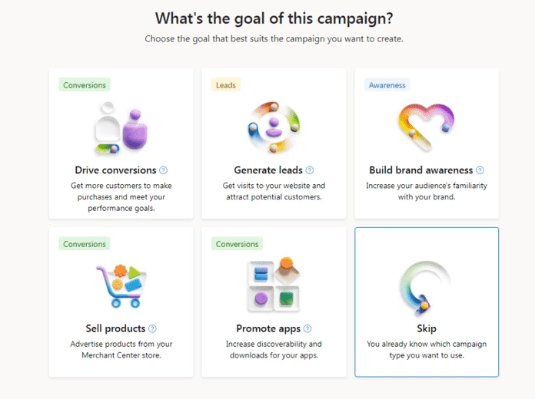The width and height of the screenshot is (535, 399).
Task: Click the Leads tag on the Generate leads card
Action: (x=226, y=85)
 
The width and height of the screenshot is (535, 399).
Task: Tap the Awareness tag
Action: (x=387, y=85)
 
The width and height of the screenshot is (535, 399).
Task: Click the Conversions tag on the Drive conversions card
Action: (x=85, y=85)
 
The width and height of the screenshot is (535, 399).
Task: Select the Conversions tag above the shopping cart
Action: (x=85, y=244)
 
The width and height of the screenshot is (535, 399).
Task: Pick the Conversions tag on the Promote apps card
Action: (x=237, y=244)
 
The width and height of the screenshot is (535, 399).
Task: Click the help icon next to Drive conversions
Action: (x=164, y=170)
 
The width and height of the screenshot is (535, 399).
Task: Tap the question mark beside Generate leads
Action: (x=310, y=170)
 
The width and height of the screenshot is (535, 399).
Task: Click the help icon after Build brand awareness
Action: (x=480, y=170)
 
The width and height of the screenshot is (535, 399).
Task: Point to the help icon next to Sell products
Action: (x=152, y=328)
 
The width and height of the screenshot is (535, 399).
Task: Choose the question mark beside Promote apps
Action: (x=307, y=328)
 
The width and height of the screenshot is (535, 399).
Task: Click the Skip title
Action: (x=427, y=328)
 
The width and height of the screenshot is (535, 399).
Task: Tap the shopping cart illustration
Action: (x=121, y=286)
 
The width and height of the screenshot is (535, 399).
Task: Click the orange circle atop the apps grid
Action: (x=287, y=263)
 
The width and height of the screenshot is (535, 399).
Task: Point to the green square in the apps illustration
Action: (x=287, y=298)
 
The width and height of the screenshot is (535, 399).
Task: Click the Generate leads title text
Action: (x=268, y=170)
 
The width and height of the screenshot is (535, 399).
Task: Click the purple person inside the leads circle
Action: (x=274, y=127)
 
